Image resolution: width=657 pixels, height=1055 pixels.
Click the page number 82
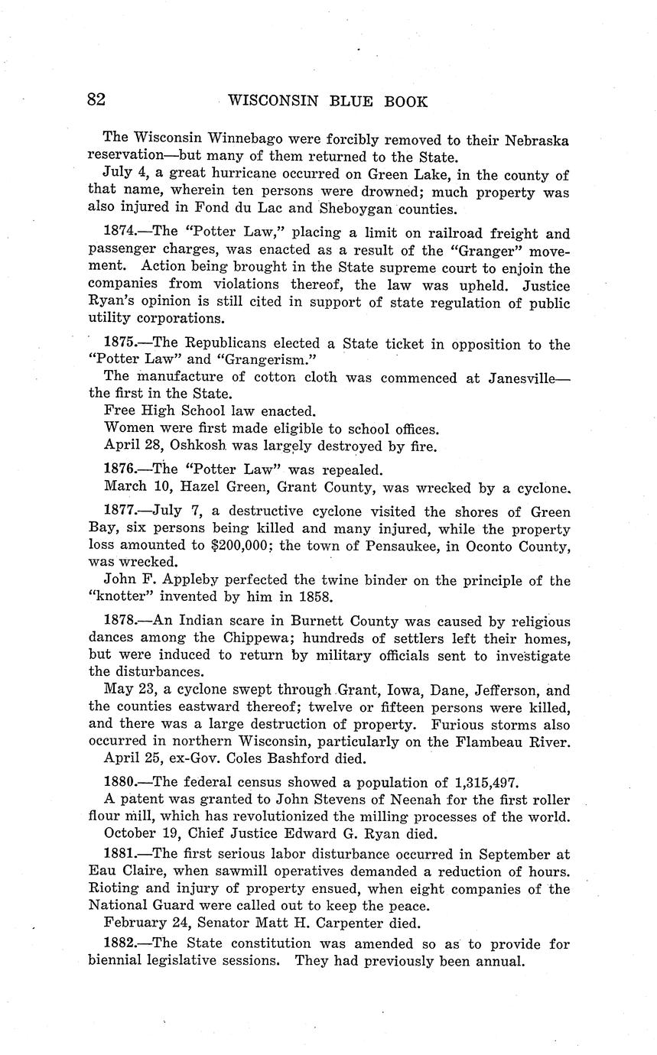[x=96, y=100]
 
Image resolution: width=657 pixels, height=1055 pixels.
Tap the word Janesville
[x=523, y=378]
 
